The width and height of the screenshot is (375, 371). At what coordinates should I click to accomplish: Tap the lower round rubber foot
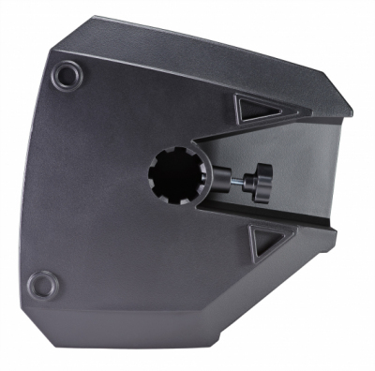[41, 282]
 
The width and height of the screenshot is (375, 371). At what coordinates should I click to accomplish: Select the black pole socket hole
[172, 176]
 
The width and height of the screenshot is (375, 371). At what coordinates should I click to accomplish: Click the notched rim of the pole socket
[154, 159]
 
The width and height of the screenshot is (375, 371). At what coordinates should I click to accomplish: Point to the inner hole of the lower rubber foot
[41, 282]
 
